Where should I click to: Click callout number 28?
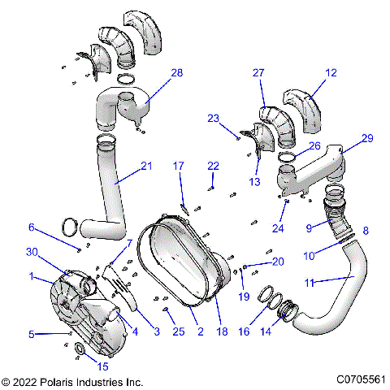[176, 73]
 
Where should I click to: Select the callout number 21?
[146, 166]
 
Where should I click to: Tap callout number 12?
[331, 73]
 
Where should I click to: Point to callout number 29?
[367, 139]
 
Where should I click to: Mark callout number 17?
[178, 166]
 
